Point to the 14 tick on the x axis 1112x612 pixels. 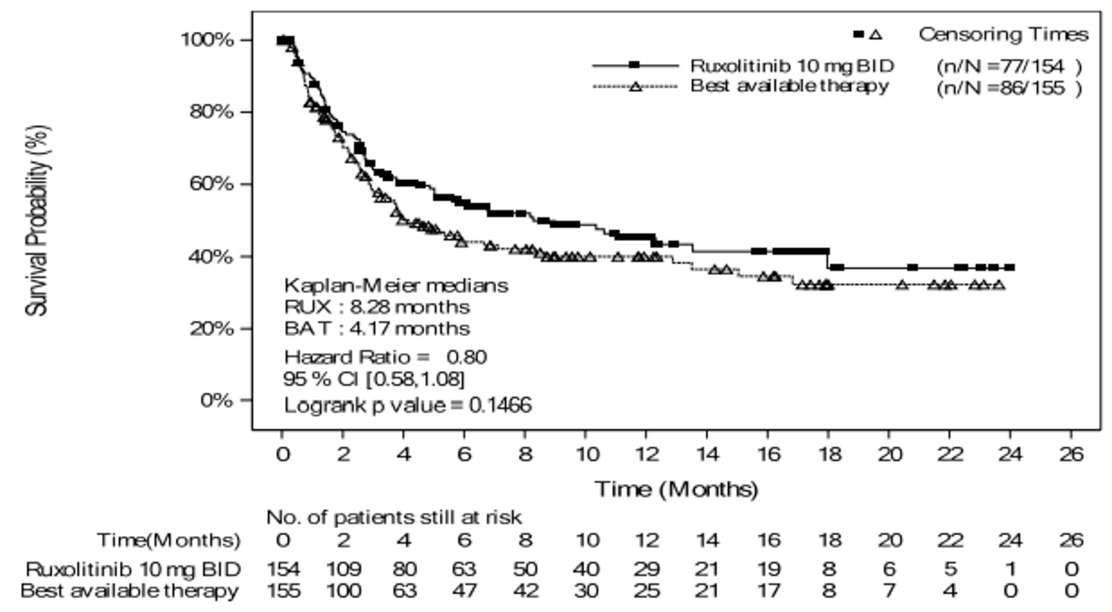[707, 454]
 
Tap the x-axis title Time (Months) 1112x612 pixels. [676, 489]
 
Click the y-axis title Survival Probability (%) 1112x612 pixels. [37, 220]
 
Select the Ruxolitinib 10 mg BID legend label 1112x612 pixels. [791, 66]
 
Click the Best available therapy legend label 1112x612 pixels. [789, 86]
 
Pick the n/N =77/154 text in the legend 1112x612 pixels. [1009, 67]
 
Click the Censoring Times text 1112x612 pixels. [1003, 34]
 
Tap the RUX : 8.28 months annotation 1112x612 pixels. [376, 306]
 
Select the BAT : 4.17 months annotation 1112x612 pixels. [376, 328]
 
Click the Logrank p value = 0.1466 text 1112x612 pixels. [407, 404]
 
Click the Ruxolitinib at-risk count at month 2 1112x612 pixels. [343, 569]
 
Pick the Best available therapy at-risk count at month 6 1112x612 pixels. [464, 591]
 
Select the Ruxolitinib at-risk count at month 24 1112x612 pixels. [1010, 569]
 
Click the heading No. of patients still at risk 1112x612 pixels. [393, 518]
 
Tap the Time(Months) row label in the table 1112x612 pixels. [169, 540]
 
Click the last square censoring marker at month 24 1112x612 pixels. [1010, 268]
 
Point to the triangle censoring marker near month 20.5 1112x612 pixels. [902, 285]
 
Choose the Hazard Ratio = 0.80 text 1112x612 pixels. [385, 357]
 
